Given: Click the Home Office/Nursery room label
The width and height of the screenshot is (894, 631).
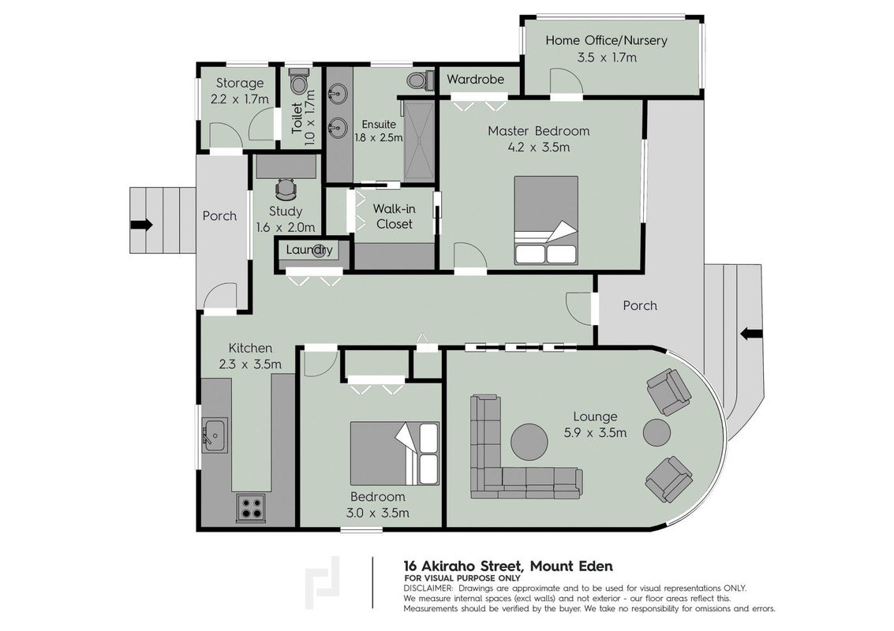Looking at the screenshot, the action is pyautogui.click(x=606, y=40).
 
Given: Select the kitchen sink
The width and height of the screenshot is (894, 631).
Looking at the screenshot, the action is pyautogui.click(x=215, y=435).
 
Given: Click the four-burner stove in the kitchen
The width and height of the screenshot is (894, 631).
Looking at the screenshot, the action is pyautogui.click(x=251, y=506).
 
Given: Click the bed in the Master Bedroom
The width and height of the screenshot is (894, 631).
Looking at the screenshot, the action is pyautogui.click(x=546, y=220).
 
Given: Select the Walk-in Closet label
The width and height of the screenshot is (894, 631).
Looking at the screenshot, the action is pyautogui.click(x=394, y=217).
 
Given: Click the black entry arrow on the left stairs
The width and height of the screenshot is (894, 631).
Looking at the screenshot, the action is pyautogui.click(x=141, y=225).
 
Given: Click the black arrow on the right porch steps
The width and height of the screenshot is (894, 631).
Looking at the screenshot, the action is pyautogui.click(x=751, y=334).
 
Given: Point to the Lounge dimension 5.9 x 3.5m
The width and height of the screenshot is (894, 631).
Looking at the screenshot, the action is pyautogui.click(x=595, y=433).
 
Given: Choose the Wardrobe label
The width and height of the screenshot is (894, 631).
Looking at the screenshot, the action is pyautogui.click(x=476, y=79).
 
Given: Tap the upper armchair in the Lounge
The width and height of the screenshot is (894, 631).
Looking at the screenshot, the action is pyautogui.click(x=669, y=391).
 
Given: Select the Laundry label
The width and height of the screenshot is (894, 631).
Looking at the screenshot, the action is pyautogui.click(x=309, y=250).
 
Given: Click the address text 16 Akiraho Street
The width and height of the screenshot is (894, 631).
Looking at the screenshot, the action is pyautogui.click(x=462, y=566).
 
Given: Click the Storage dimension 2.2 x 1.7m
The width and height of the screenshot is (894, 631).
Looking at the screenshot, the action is pyautogui.click(x=239, y=99).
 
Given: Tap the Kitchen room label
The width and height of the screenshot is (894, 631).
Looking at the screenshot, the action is pyautogui.click(x=250, y=348).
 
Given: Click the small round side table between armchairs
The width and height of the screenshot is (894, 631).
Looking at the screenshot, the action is pyautogui.click(x=657, y=433).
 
